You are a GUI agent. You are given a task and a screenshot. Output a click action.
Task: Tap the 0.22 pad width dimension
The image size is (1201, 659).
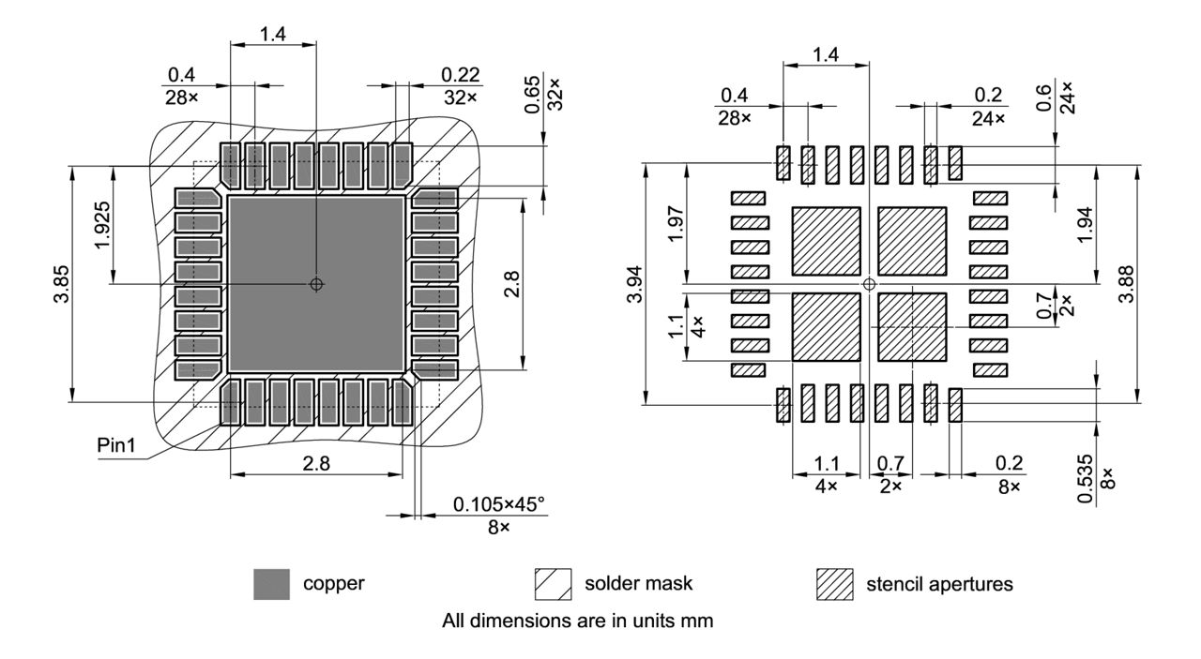point(460,74)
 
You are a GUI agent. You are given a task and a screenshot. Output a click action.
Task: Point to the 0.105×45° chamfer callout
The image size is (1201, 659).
point(498,505)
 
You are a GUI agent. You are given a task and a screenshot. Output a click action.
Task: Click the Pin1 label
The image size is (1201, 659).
point(116,444)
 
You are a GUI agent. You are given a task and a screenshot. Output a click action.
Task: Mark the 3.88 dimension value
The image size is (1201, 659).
point(1153,284)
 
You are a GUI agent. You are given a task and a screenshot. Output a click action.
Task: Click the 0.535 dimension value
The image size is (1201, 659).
point(1086,479)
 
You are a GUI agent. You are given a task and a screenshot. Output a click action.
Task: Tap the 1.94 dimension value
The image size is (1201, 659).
point(1086,224)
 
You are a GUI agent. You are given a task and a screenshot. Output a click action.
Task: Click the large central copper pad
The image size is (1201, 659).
point(317,284)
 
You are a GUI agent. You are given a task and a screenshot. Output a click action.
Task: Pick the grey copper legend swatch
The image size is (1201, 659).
point(272,584)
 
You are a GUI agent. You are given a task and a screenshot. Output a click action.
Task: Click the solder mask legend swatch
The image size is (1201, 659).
point(553,584)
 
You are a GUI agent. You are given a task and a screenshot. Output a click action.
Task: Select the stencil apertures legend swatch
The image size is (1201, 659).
point(834,584)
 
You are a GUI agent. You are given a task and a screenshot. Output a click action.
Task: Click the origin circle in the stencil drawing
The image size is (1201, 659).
point(869,283)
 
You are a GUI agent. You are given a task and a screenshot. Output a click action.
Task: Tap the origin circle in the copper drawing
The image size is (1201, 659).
point(317,284)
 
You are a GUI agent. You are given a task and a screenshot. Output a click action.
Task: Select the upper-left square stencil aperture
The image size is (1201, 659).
point(827,241)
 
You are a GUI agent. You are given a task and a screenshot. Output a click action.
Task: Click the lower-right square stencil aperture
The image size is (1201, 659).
point(911,326)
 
